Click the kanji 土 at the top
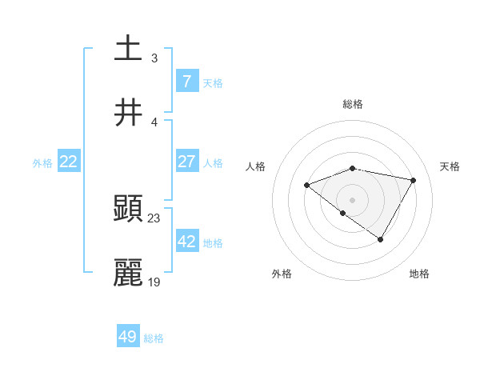click(128, 48)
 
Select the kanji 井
click(128, 113)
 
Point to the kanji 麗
click(128, 273)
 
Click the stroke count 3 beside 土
click(154, 58)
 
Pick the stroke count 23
click(154, 218)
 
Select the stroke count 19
click(154, 282)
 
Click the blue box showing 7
click(186, 81)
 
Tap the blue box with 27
click(186, 162)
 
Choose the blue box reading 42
click(186, 242)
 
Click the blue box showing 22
click(68, 162)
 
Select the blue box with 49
click(128, 337)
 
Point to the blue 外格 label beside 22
click(42, 163)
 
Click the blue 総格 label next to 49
click(154, 338)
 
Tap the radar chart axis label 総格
click(353, 104)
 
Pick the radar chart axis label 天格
click(450, 166)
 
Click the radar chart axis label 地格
click(419, 274)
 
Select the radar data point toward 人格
click(306, 185)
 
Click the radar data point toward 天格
click(413, 180)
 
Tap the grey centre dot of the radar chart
click(353, 199)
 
